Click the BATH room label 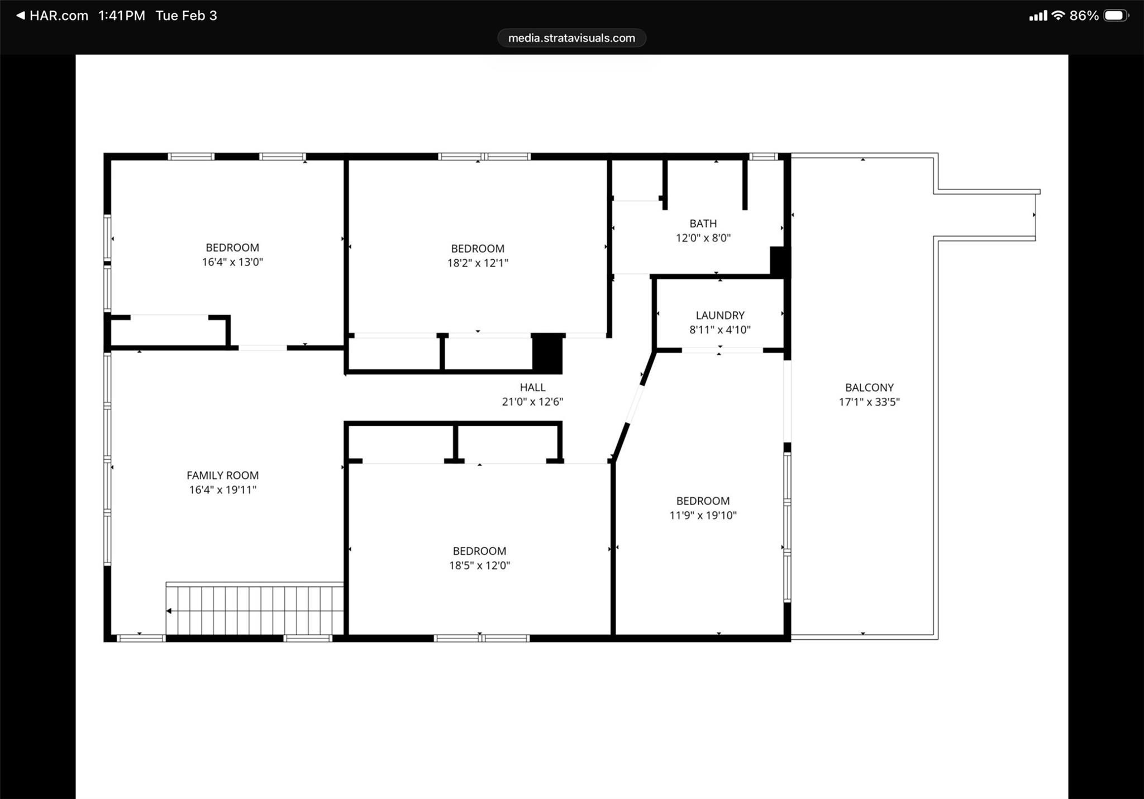pyautogui.click(x=703, y=223)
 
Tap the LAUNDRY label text pyautogui.click(x=719, y=315)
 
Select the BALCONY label pyautogui.click(x=869, y=387)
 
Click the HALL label pyautogui.click(x=532, y=387)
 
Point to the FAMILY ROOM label pyautogui.click(x=222, y=475)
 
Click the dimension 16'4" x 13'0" pyautogui.click(x=232, y=262)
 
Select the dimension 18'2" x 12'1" pyautogui.click(x=478, y=263)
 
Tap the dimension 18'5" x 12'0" pyautogui.click(x=479, y=565)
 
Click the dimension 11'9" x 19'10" pyautogui.click(x=703, y=516)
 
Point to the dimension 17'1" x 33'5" pyautogui.click(x=869, y=402)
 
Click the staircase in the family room pyautogui.click(x=255, y=610)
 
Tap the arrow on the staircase pyautogui.click(x=169, y=611)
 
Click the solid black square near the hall pyautogui.click(x=547, y=354)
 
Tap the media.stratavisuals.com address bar pyautogui.click(x=571, y=38)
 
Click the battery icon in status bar pyautogui.click(x=1115, y=16)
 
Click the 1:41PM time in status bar pyautogui.click(x=122, y=16)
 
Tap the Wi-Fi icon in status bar pyautogui.click(x=1057, y=16)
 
